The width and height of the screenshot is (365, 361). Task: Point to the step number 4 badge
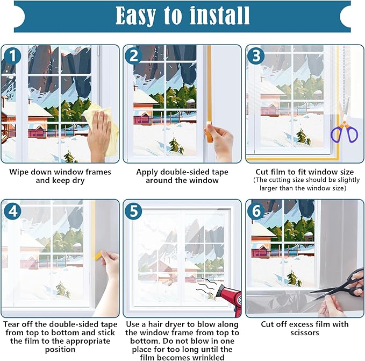(11, 211)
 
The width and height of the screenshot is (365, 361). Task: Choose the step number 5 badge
(134, 211)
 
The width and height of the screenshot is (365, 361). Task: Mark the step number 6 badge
(256, 211)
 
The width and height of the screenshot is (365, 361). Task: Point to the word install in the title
(219, 16)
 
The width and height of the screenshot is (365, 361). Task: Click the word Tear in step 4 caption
(13, 324)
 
